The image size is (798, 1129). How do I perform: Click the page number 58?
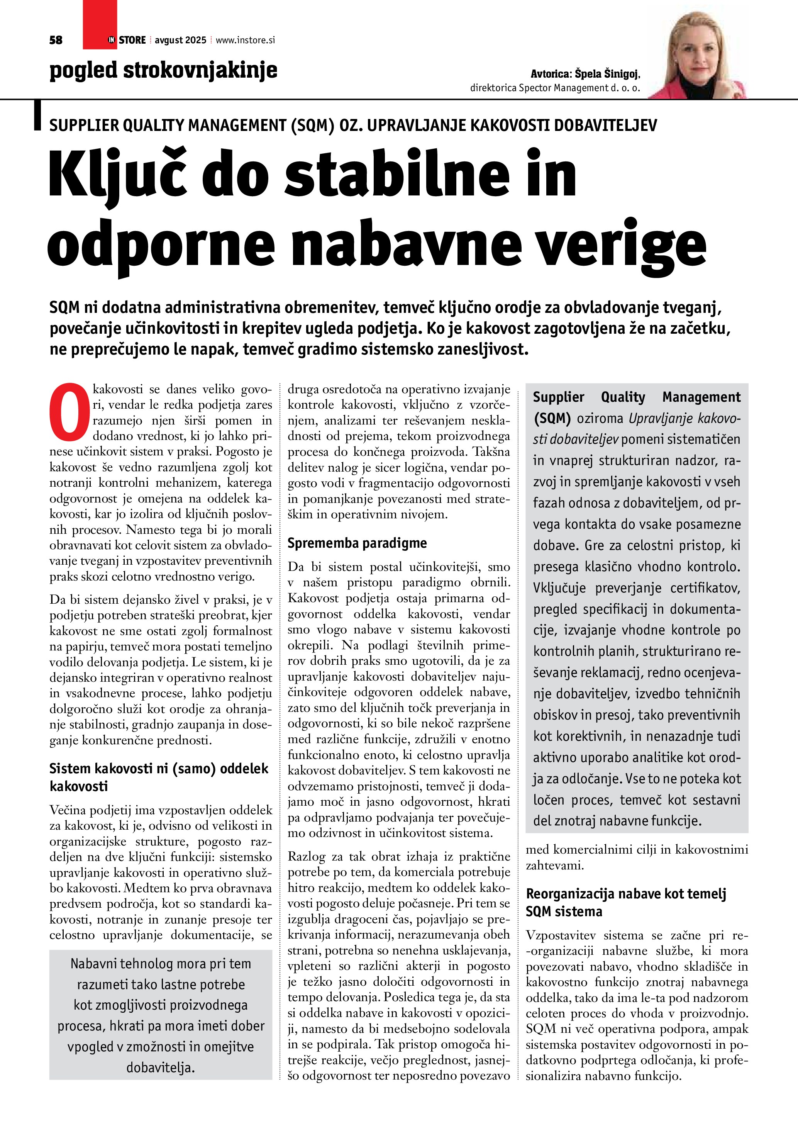pyautogui.click(x=56, y=40)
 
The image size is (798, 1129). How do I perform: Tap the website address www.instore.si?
pyautogui.click(x=245, y=40)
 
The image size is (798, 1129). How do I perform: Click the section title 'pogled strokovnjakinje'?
pyautogui.click(x=163, y=70)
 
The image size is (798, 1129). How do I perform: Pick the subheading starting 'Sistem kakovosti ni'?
pyautogui.click(x=159, y=777)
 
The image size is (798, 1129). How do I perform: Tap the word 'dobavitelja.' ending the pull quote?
pyautogui.click(x=161, y=1068)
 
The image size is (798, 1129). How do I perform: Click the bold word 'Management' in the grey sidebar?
pyautogui.click(x=701, y=397)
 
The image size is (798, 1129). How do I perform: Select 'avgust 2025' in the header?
pyautogui.click(x=180, y=40)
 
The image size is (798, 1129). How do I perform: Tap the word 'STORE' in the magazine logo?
pyautogui.click(x=132, y=40)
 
